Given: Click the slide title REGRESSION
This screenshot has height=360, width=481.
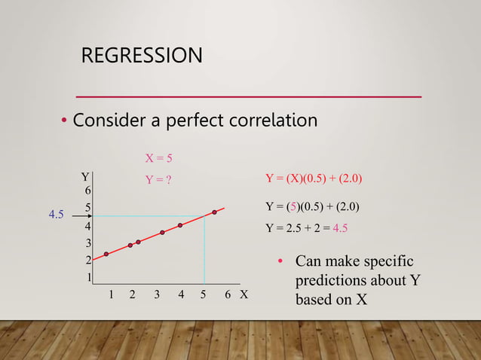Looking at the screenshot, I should (142, 56).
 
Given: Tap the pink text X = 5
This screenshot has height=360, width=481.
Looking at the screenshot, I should (158, 158).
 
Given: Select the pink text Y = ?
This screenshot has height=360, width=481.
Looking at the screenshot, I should (158, 180).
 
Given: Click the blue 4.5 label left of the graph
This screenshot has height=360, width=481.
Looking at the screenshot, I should (57, 215).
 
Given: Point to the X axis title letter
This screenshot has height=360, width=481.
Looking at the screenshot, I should (244, 295).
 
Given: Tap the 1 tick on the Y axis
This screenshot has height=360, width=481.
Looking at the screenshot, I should (88, 277).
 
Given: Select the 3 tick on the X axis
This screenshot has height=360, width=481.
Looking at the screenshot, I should (157, 295).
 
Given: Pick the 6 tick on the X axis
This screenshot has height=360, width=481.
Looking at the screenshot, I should (228, 295).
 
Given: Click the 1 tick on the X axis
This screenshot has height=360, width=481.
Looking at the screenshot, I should (112, 295).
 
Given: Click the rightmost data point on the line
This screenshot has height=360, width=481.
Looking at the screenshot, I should (215, 212).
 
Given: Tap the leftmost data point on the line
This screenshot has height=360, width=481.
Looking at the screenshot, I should (106, 254).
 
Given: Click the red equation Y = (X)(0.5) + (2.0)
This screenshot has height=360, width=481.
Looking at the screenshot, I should (314, 179).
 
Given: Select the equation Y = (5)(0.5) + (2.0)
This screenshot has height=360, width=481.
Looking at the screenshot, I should (312, 206).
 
